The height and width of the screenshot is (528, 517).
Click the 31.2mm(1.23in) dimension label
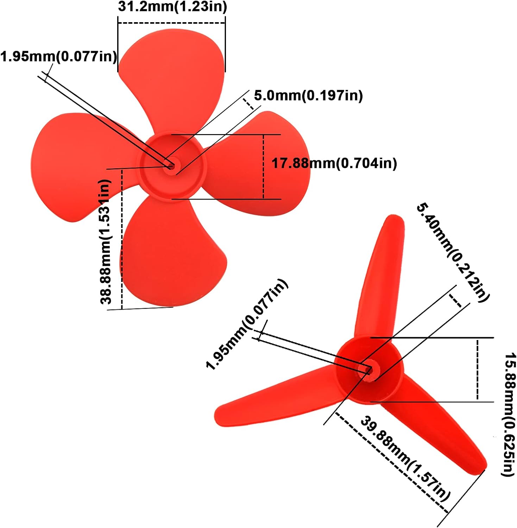click(x=172, y=7)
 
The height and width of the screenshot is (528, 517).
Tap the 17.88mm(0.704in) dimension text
click(x=334, y=163)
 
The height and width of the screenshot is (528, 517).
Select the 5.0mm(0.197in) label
click(x=308, y=95)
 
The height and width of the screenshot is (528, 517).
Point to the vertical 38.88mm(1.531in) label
click(x=106, y=241)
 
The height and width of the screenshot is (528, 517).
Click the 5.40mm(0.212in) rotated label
click(x=453, y=252)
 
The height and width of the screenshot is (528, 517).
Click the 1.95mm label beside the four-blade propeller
click(x=58, y=56)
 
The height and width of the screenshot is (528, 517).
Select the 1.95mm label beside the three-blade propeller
click(x=246, y=324)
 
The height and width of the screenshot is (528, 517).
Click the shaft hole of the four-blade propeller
click(x=171, y=165)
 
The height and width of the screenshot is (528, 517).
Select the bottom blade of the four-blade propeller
click(x=169, y=253)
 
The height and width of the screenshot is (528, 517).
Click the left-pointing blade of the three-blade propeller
click(x=275, y=398)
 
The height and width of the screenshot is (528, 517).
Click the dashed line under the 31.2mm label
click(x=171, y=23)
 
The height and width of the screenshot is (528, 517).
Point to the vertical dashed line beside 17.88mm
click(x=263, y=166)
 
